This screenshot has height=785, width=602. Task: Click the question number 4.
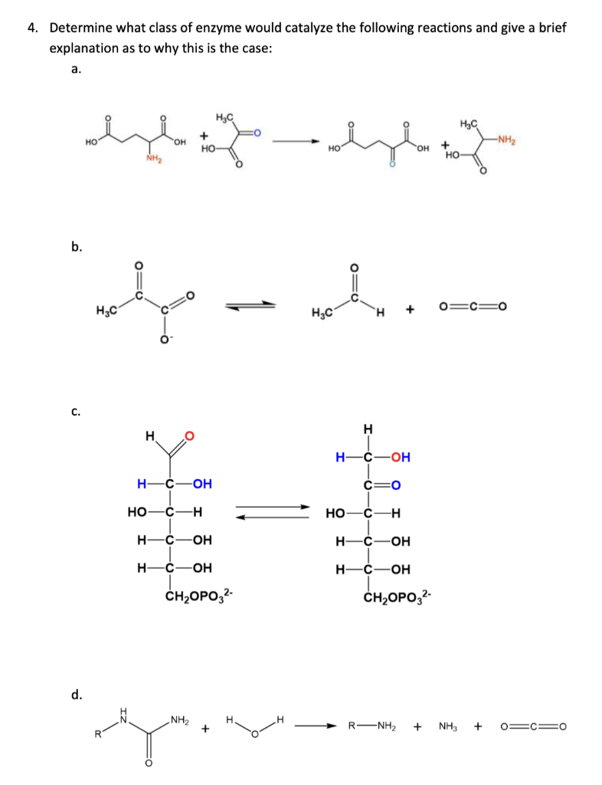31,28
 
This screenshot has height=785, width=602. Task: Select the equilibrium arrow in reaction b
249,306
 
